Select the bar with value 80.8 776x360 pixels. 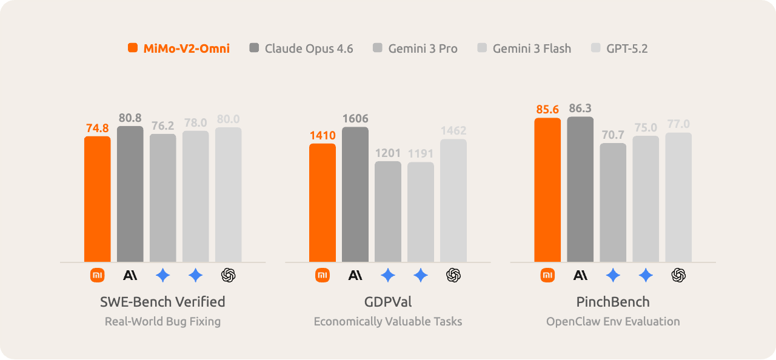130,194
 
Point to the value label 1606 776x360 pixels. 355,119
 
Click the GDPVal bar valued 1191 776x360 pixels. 421,212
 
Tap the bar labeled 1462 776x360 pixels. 453,201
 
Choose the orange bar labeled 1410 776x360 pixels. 323,202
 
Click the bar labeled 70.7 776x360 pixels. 613,202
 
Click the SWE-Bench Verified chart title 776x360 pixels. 162,301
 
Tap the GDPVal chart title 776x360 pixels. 388,301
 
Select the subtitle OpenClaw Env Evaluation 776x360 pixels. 613,321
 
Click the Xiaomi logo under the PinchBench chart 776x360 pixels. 547,276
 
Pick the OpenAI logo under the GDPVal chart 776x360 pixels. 453,276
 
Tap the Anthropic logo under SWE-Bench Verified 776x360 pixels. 130,276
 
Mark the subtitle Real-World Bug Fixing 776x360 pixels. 162,321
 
